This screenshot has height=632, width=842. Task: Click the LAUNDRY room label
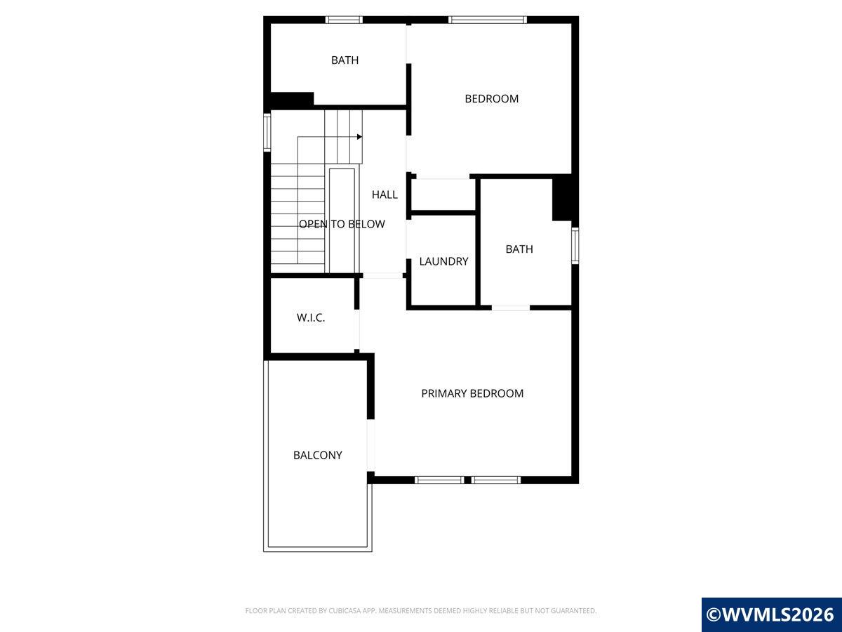pyautogui.click(x=443, y=261)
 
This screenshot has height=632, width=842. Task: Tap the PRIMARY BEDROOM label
pyautogui.click(x=472, y=393)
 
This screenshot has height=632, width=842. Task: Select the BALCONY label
pyautogui.click(x=318, y=455)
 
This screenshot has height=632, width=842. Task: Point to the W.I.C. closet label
pyautogui.click(x=311, y=317)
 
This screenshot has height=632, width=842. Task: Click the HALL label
pyautogui.click(x=385, y=195)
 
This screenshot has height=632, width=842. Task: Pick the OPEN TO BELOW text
pyautogui.click(x=342, y=224)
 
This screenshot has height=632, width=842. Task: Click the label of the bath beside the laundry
pyautogui.click(x=519, y=249)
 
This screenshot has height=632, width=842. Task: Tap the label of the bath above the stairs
pyautogui.click(x=345, y=60)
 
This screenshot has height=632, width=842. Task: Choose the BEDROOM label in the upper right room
pyautogui.click(x=492, y=98)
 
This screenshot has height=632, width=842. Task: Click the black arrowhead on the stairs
pyautogui.click(x=359, y=137)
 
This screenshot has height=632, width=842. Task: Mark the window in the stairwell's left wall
pyautogui.click(x=267, y=132)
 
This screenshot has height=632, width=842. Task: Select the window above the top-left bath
pyautogui.click(x=344, y=20)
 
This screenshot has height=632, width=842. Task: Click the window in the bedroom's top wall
pyautogui.click(x=488, y=20)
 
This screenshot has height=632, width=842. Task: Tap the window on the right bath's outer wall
pyautogui.click(x=575, y=246)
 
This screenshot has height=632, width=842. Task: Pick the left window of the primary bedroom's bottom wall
pyautogui.click(x=439, y=480)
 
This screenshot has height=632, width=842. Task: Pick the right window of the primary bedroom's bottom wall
pyautogui.click(x=496, y=480)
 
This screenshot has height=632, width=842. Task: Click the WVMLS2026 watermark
pyautogui.click(x=771, y=614)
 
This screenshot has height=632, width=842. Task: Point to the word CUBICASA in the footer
pyautogui.click(x=345, y=610)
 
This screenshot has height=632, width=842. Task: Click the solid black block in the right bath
pyautogui.click(x=562, y=198)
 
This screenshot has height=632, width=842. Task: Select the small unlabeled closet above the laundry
pyautogui.click(x=443, y=195)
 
